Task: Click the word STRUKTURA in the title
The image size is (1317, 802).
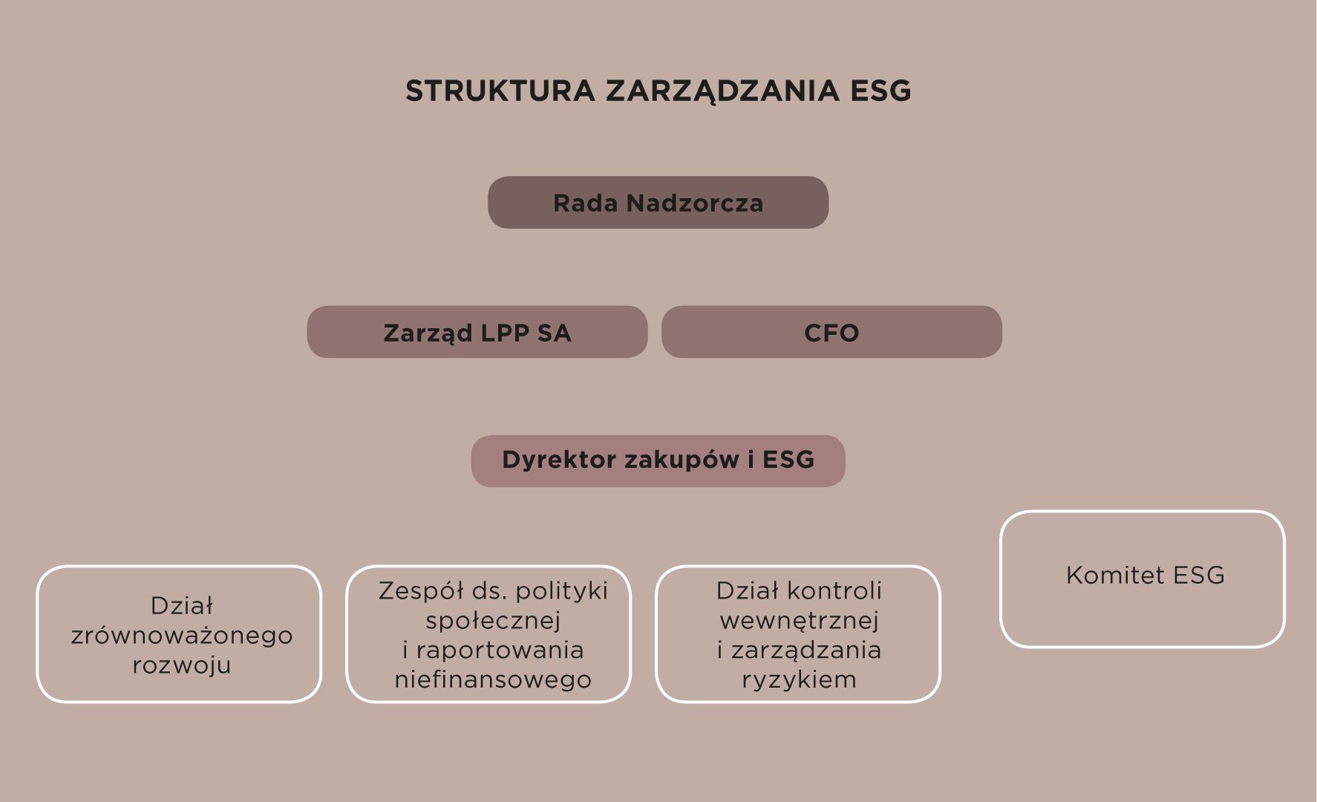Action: (500, 91)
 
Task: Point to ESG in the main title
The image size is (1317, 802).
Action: (880, 91)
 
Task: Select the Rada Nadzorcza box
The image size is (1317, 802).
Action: (658, 202)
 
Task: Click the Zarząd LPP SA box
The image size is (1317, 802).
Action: (477, 332)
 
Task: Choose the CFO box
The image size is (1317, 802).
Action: (831, 332)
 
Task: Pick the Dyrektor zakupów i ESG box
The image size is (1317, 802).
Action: (658, 461)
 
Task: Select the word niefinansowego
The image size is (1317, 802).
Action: (493, 679)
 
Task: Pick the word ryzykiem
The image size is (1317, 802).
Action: (799, 679)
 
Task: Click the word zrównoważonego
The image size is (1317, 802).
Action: (182, 636)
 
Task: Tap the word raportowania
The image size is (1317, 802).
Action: (500, 650)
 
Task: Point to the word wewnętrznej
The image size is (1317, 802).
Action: (799, 620)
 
